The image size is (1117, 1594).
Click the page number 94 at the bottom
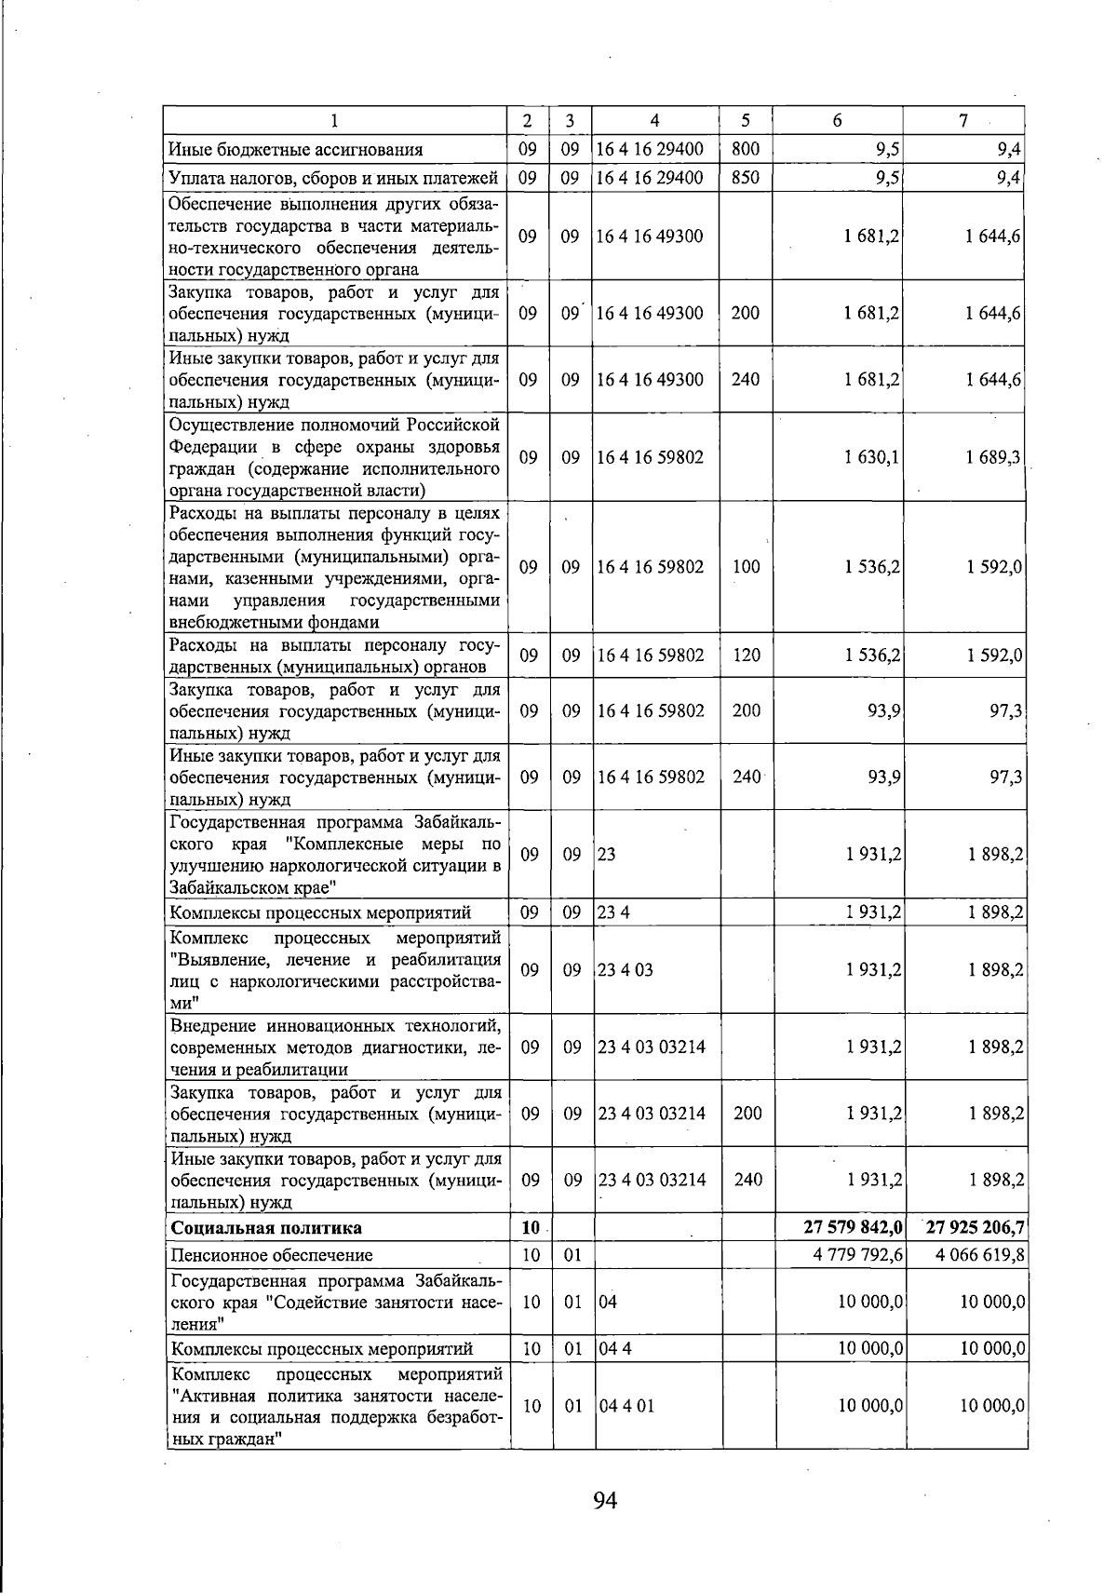click(x=605, y=1500)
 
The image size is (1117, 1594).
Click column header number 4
click(x=655, y=121)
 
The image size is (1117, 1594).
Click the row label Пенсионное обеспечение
click(x=271, y=1254)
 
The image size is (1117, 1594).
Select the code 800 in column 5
click(x=746, y=149)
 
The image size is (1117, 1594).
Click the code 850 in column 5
click(x=746, y=177)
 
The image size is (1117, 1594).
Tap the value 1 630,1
click(x=871, y=457)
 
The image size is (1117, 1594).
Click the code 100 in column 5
click(x=746, y=567)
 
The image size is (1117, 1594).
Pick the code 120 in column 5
click(x=746, y=655)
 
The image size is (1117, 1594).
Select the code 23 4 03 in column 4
click(x=626, y=970)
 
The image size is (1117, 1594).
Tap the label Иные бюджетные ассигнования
click(x=295, y=149)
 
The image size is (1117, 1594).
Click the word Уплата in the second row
click(x=195, y=177)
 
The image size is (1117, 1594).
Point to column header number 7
click(x=964, y=121)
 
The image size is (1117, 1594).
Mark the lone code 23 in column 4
click(x=607, y=855)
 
